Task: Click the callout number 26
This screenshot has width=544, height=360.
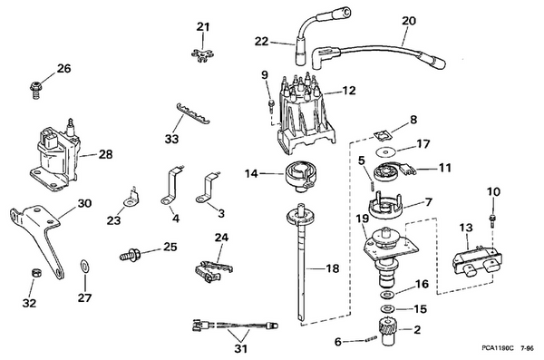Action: click(37, 68)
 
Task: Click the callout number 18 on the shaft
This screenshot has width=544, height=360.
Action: click(334, 269)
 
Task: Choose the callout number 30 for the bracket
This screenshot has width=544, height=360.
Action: click(83, 204)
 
